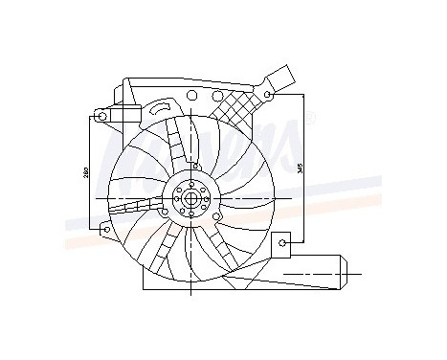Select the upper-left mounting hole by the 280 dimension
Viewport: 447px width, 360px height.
101,118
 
